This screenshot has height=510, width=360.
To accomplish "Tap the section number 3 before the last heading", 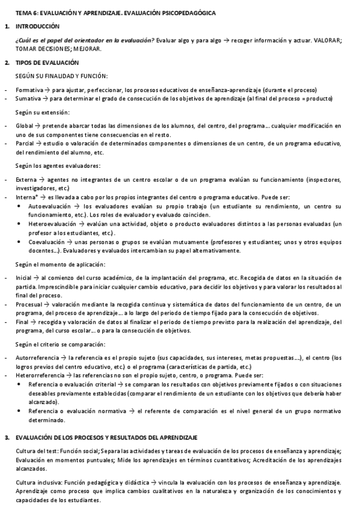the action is click(6, 437).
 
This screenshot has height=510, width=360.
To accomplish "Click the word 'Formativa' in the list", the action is click(29, 89).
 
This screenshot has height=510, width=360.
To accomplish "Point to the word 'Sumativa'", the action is click(28, 97).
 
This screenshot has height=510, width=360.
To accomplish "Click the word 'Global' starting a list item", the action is click(24, 126).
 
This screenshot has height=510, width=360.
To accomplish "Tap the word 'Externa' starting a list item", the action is click(26, 180).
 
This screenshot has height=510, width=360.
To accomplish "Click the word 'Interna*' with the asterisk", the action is click(28, 197).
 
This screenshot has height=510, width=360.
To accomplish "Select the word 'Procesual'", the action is click(29, 305).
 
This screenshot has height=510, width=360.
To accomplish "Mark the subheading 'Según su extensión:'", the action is click(42, 112).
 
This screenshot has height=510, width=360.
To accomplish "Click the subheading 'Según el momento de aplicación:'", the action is click(60, 265).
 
